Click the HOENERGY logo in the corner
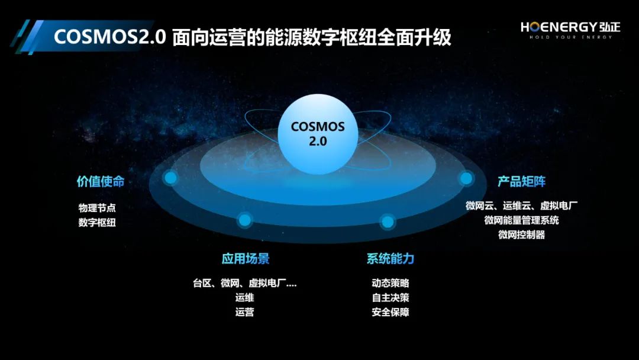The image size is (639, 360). click(x=570, y=30)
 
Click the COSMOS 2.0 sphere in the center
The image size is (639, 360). click(x=318, y=134)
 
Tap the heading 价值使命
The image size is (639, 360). click(x=101, y=181)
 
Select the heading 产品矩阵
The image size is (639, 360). click(x=522, y=181)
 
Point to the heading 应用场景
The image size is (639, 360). click(x=246, y=259)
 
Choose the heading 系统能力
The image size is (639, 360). click(x=390, y=259)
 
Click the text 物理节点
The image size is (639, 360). click(x=97, y=208)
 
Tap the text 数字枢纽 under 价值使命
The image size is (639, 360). click(x=97, y=223)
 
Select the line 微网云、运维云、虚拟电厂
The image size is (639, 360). click(x=522, y=206)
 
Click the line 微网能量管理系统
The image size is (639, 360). click(x=522, y=220)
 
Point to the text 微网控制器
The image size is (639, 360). click(x=522, y=235)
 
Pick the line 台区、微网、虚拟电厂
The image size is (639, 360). click(x=244, y=283)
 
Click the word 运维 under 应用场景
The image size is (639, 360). click(x=244, y=298)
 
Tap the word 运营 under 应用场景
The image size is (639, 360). click(x=244, y=312)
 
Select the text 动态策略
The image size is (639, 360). click(x=390, y=283)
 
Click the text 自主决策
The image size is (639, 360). click(x=390, y=298)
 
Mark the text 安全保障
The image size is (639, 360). click(x=390, y=312)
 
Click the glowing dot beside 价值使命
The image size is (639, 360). click(x=170, y=178)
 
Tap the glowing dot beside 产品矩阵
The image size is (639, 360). click(x=466, y=178)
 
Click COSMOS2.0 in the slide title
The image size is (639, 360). click(x=110, y=37)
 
